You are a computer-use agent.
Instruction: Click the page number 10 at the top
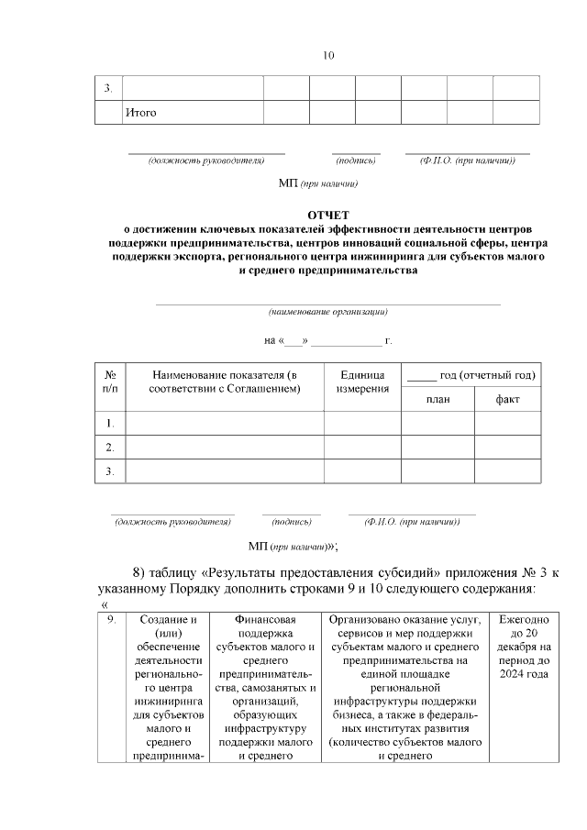point(328,56)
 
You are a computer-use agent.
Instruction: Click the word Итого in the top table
point(140,113)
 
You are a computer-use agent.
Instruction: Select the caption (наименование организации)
point(327,311)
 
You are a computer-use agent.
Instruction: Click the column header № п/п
point(110,382)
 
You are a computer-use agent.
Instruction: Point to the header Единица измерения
point(361,382)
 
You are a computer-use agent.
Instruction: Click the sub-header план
point(437,399)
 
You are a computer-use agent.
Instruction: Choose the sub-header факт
point(507,399)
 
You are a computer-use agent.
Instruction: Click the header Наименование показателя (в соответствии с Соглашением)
point(225,382)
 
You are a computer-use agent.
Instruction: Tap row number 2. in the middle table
point(110,447)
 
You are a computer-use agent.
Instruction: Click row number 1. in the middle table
point(110,423)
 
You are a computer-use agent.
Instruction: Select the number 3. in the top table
point(108,88)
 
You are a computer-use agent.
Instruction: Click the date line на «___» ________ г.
point(327,341)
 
